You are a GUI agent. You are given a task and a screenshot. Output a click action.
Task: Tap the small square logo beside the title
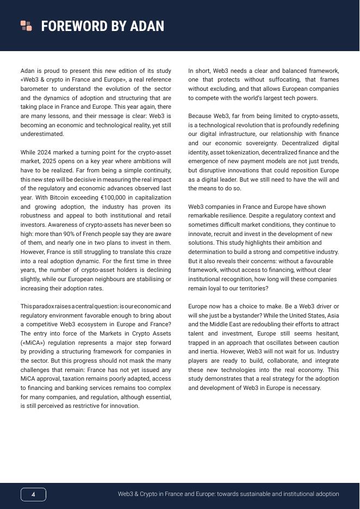[26, 26]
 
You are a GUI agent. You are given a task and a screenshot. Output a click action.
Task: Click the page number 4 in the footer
[33, 494]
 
